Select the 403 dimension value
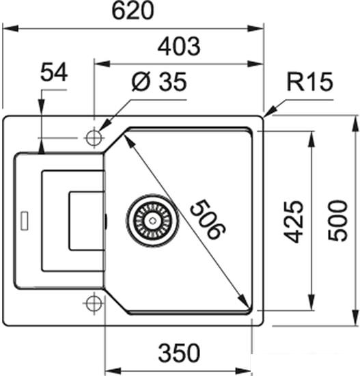click(178, 46)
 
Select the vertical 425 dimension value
click(292, 221)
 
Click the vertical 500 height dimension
click(338, 221)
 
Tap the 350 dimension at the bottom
click(179, 353)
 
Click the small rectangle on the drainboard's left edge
click(25, 220)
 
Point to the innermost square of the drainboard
click(85, 220)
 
